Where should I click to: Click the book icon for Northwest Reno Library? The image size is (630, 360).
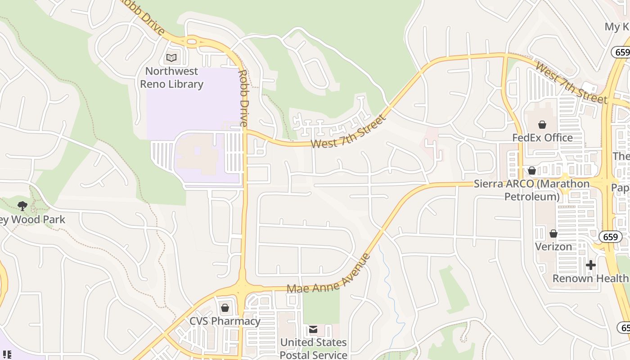[x=171, y=58]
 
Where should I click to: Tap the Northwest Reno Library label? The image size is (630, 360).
[x=171, y=77]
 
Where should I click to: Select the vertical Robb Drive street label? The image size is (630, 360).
[x=243, y=98]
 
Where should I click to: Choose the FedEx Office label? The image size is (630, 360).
[x=542, y=137]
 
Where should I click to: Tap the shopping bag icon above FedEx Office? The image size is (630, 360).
[x=542, y=124]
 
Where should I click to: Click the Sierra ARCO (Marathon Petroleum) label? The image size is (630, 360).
[x=531, y=190]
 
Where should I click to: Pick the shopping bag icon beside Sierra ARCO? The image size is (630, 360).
[x=531, y=171]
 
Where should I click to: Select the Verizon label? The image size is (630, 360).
[x=553, y=247]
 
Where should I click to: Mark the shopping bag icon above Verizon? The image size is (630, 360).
[x=553, y=234]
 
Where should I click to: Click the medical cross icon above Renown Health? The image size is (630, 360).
[x=591, y=265]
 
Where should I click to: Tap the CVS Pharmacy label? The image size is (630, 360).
[x=225, y=321]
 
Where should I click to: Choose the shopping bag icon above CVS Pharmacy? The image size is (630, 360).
[x=225, y=308]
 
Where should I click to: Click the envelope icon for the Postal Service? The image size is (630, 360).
[x=313, y=329]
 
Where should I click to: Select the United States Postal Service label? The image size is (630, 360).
[x=313, y=348]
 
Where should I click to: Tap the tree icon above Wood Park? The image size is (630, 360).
[x=22, y=206]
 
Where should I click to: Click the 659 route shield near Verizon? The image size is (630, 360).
[x=610, y=237]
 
